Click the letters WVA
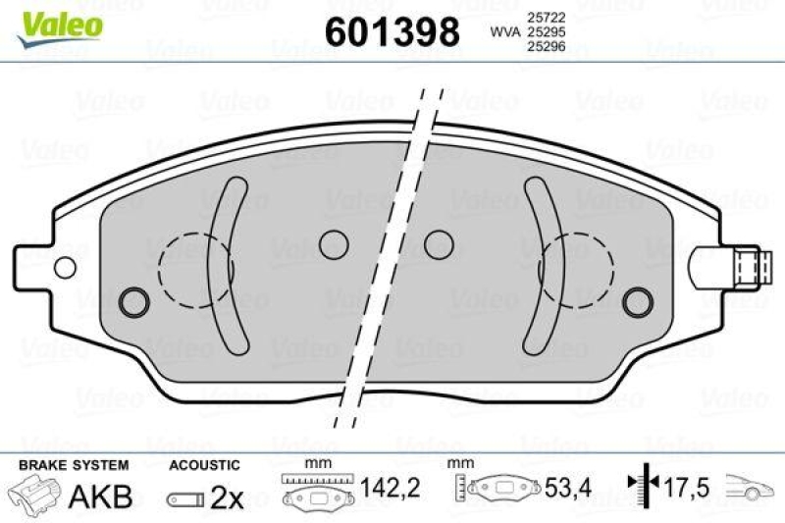click(x=505, y=32)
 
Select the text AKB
click(x=99, y=497)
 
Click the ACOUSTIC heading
click(x=204, y=464)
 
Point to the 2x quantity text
click(x=227, y=497)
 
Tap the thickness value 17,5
click(x=684, y=486)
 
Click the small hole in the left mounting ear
click(x=66, y=267)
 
